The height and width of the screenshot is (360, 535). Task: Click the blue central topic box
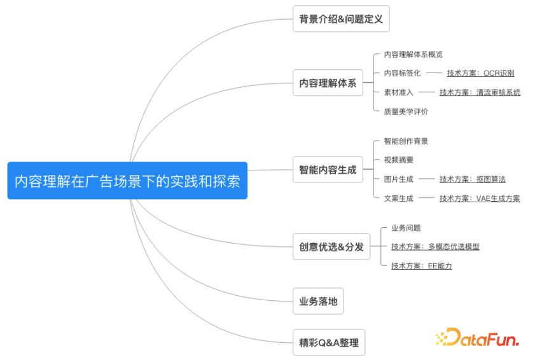[x=127, y=181]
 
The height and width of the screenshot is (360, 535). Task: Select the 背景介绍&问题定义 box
[x=341, y=19]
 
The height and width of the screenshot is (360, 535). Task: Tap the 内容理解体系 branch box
[x=328, y=83]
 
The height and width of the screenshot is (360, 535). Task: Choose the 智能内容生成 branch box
[x=328, y=170]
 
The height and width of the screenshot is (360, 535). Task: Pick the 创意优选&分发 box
[x=331, y=247]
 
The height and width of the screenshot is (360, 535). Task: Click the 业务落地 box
[x=318, y=301]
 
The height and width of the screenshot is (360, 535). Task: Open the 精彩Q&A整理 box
[x=329, y=343]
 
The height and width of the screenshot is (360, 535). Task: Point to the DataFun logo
[x=477, y=337]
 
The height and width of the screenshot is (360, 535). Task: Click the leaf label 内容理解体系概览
[x=413, y=54]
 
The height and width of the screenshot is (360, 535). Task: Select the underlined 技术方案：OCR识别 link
[x=480, y=73]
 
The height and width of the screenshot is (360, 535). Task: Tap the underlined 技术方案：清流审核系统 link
[x=480, y=92]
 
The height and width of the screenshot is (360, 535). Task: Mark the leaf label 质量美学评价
[x=406, y=111]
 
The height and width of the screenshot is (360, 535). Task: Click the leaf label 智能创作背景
[x=406, y=141]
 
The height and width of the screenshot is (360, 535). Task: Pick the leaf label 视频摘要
[x=398, y=160]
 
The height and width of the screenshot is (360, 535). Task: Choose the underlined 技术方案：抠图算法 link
[x=473, y=179]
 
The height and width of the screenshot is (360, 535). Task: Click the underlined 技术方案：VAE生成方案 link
[x=480, y=198]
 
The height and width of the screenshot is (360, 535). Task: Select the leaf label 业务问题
[x=406, y=228]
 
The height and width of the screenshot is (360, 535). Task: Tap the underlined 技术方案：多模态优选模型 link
[x=435, y=246]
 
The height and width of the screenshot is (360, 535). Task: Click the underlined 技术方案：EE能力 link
[x=421, y=266]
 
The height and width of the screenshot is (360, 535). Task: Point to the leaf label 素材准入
[x=398, y=92]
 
